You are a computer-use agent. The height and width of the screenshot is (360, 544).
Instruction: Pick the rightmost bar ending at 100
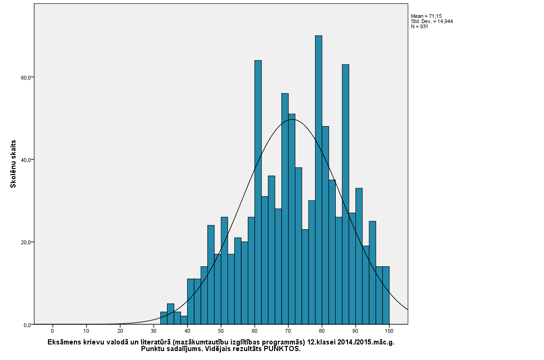386,295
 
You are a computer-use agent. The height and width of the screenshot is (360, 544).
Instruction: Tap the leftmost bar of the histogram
164,318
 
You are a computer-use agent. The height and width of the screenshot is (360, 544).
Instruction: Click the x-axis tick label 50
221,331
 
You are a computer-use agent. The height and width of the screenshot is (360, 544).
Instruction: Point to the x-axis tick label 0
53,331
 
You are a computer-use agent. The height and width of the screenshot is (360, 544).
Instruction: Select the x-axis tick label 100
389,331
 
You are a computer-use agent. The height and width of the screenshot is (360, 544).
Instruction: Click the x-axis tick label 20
120,331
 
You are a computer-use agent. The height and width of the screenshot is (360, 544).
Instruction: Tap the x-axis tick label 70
288,331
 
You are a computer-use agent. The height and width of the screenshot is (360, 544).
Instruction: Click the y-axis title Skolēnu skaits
14,164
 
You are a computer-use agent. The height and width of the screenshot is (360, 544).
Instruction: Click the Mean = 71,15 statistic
426,16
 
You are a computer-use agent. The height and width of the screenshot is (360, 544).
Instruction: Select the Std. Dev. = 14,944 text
432,21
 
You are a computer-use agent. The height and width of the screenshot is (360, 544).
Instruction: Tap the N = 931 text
419,26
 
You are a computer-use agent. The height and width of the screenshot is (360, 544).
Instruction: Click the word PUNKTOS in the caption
282,349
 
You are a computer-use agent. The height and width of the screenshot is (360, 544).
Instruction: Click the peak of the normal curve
292,119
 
